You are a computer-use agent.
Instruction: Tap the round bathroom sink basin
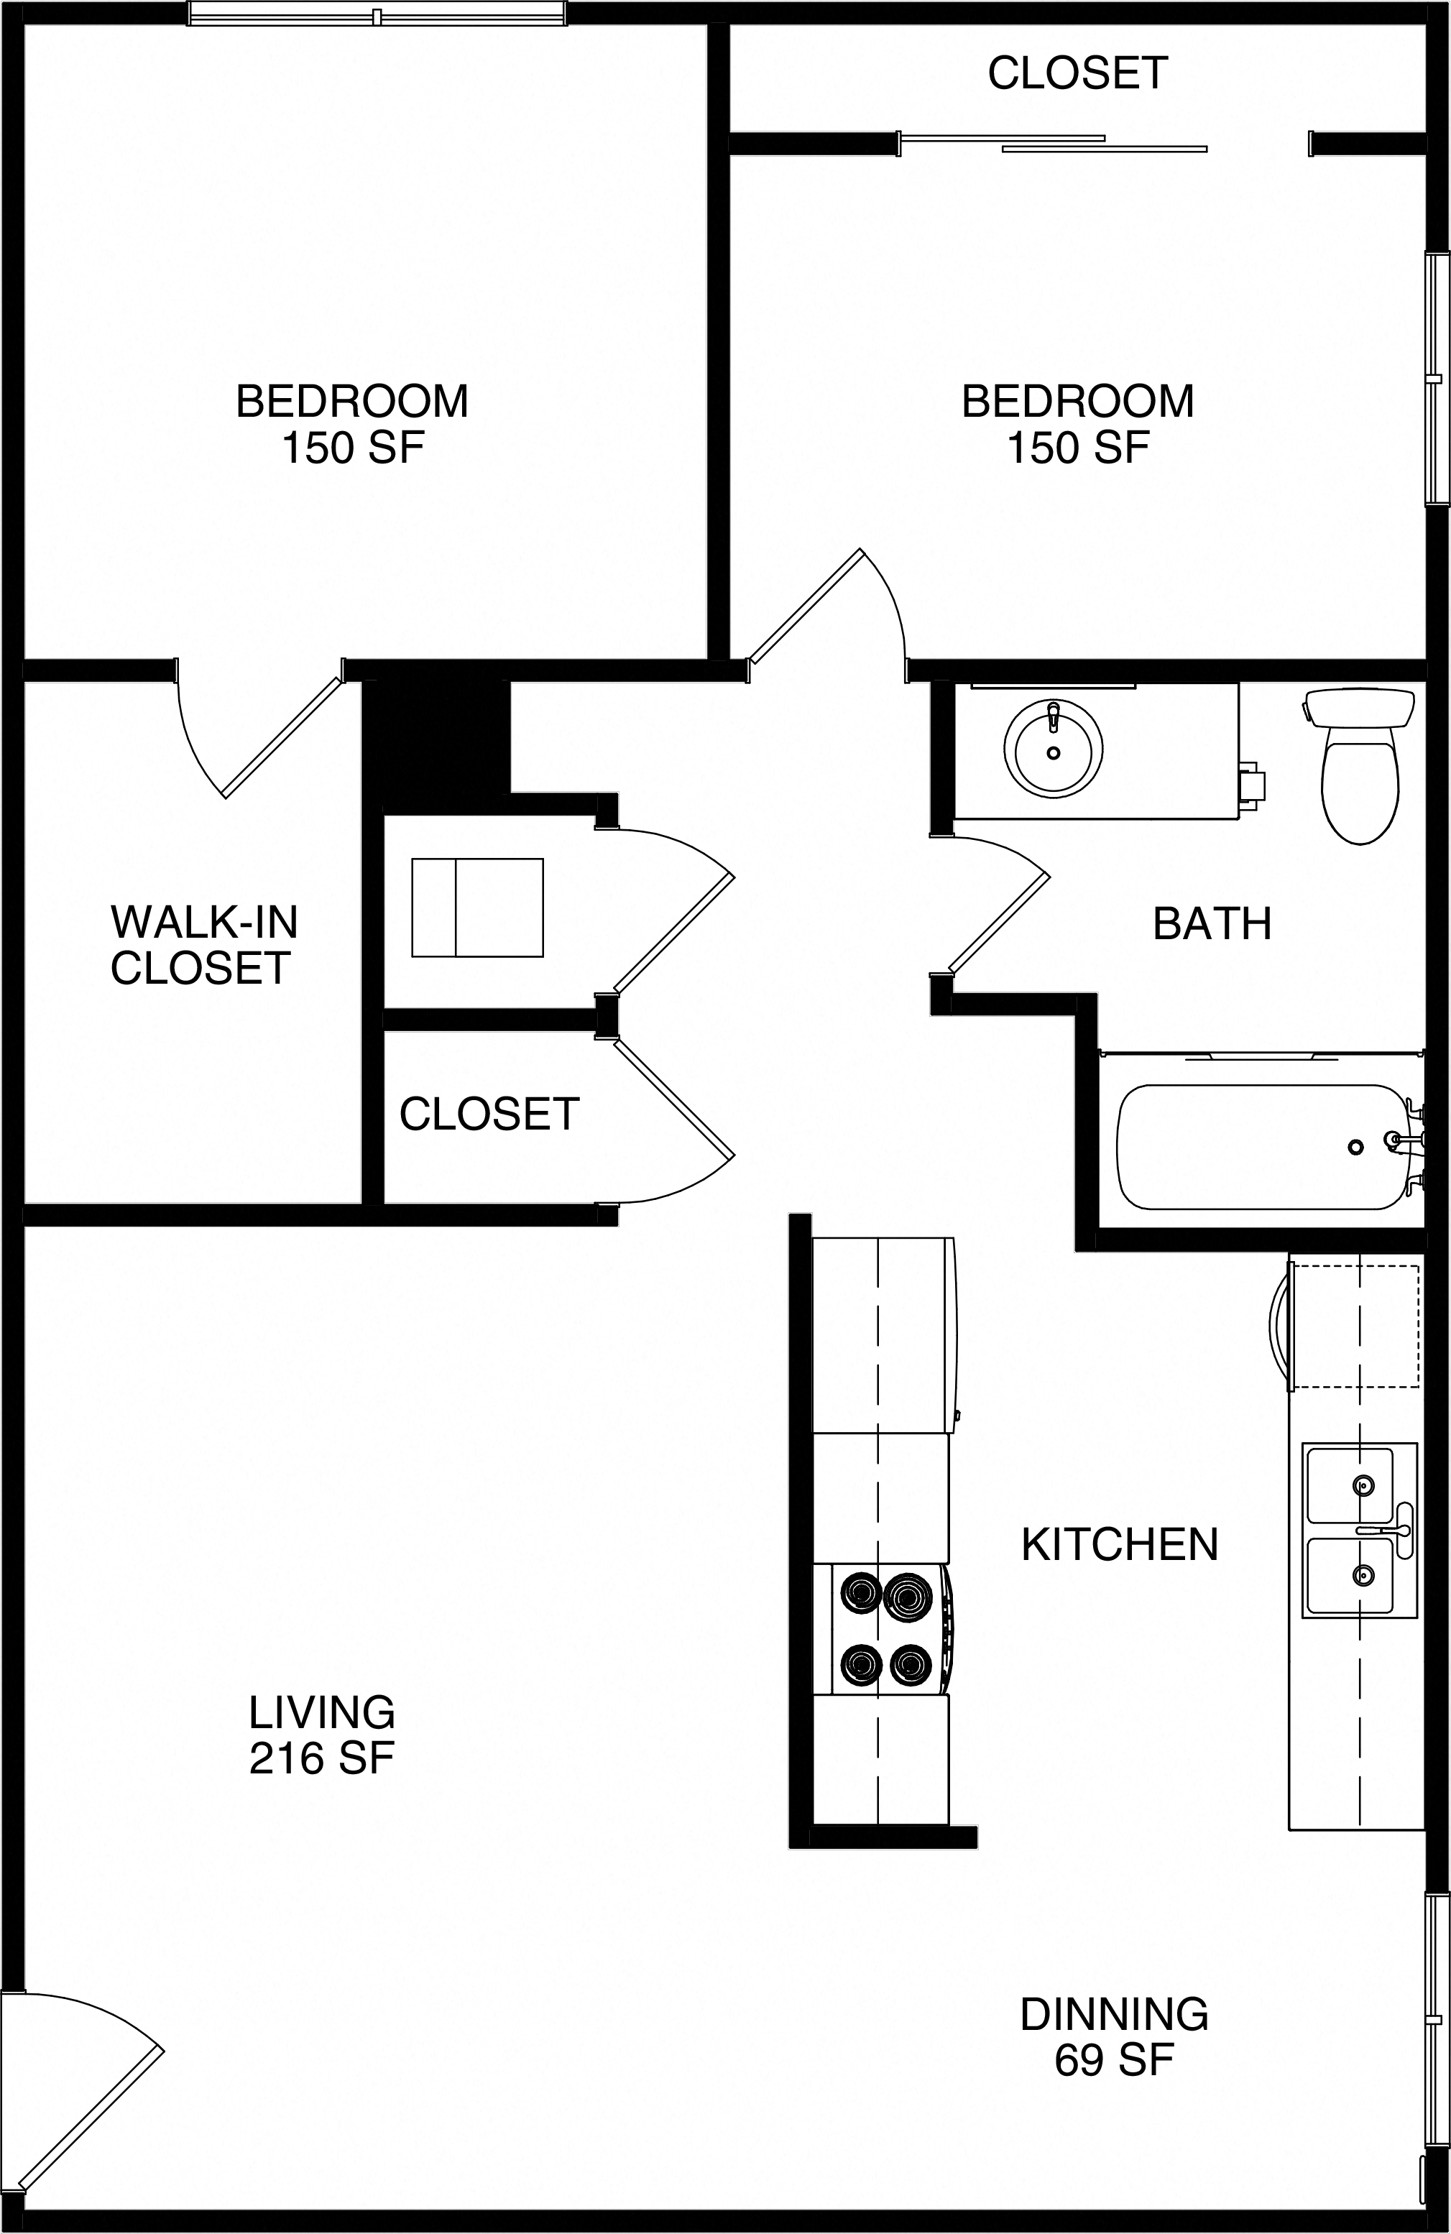click(1053, 748)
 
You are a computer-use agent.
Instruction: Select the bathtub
click(1263, 1147)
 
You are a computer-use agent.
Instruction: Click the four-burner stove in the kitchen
click(883, 1630)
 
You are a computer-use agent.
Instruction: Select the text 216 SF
click(321, 1758)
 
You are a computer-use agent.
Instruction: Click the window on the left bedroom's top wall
click(377, 15)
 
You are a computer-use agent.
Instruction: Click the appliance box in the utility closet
click(476, 908)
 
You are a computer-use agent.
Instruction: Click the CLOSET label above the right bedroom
click(1077, 73)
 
